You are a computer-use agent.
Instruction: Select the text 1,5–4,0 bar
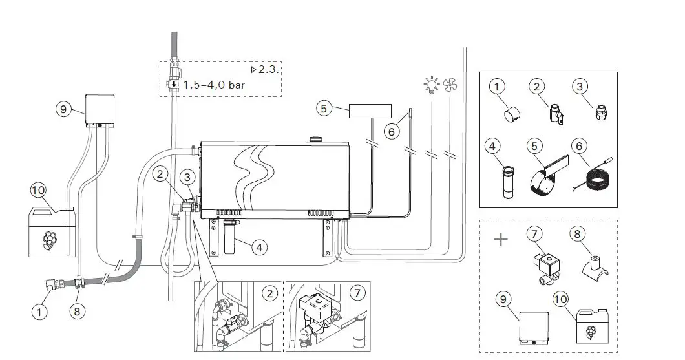coord(215,85)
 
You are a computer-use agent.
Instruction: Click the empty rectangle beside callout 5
coord(370,111)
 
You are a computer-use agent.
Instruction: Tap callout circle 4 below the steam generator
coord(258,246)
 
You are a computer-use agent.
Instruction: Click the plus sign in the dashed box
coord(501,240)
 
